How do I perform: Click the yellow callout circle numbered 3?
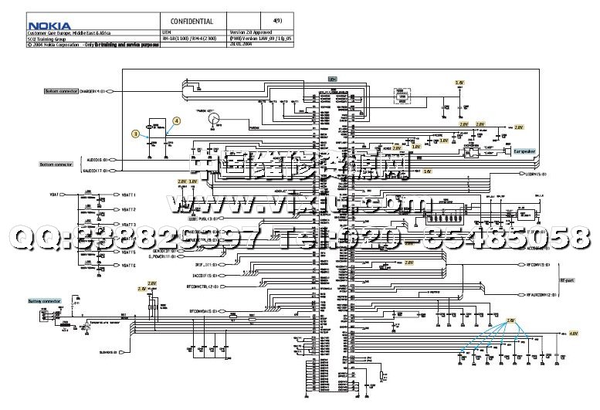click(x=136, y=134)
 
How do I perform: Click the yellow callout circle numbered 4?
click(x=176, y=120)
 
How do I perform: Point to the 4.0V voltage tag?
click(x=573, y=334)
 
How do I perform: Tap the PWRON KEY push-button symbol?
click(x=217, y=117)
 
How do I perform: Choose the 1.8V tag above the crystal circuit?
click(x=459, y=82)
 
